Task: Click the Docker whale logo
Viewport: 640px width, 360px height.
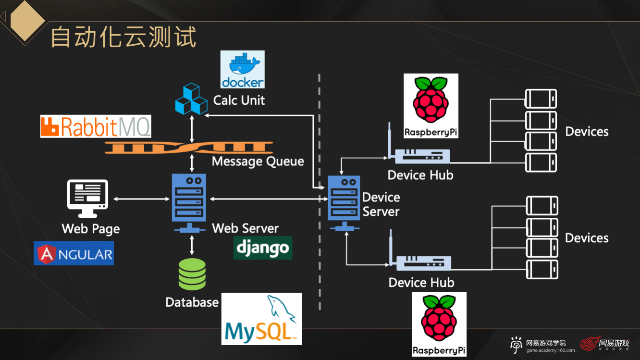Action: coord(243,69)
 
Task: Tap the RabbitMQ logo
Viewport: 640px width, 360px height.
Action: coord(96,126)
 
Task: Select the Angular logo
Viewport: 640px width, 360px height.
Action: coord(74,253)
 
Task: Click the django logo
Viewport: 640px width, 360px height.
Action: coord(263,248)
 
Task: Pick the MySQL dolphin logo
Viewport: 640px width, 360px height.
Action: coord(261,319)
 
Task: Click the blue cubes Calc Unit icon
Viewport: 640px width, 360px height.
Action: coord(190,99)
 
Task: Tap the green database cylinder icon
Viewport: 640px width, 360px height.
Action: coord(192,274)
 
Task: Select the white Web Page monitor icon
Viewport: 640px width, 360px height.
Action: coord(87,198)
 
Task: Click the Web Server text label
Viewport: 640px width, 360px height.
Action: coord(245,228)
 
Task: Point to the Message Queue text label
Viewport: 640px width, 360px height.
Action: coord(258,161)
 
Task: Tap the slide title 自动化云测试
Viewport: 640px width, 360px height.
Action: coord(123,37)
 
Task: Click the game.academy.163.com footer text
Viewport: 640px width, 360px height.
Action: coord(550,350)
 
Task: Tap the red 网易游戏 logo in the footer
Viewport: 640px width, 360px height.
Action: coord(605,344)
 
